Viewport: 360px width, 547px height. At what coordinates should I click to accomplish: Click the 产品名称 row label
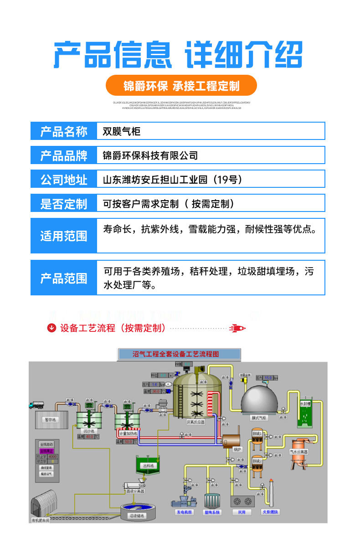(x=64, y=131)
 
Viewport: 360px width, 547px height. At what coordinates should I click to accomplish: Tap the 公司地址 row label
(x=64, y=180)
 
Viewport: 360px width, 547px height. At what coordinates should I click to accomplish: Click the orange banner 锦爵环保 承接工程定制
(x=181, y=85)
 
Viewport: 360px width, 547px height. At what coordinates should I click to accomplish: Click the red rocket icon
(x=237, y=328)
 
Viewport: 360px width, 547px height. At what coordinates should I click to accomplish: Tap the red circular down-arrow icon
(x=52, y=328)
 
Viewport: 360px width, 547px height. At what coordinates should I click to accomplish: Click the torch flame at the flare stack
(x=271, y=482)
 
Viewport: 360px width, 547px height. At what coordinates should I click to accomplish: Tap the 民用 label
(x=242, y=512)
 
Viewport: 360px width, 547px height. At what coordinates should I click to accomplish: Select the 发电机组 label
(x=185, y=512)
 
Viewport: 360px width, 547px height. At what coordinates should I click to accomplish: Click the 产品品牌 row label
(x=64, y=155)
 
